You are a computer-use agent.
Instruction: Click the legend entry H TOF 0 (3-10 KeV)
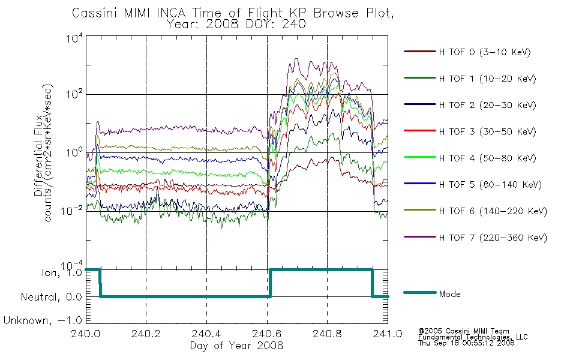485,52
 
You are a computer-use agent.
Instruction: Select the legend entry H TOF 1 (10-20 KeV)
487,79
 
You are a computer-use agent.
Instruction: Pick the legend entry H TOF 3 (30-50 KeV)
487,131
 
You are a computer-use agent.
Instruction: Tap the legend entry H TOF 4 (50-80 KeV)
487,158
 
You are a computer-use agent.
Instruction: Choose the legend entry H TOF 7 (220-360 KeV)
493,238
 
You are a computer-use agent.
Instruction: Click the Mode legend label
449,294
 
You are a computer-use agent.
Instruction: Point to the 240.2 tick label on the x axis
146,334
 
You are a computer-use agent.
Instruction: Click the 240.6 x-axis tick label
267,334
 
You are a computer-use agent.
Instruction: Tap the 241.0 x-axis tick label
388,334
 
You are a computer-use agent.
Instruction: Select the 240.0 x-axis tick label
86,334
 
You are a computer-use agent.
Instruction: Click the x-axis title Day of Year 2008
236,346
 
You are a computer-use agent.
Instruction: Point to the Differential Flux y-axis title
38,156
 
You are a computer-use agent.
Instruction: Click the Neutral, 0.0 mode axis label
51,297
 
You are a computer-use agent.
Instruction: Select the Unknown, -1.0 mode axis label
43,320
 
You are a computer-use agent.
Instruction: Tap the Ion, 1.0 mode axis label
62,273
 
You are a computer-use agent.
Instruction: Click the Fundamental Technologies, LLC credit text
473,337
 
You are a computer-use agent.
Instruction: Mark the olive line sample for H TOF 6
420,210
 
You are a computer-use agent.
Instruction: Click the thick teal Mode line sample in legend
420,292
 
